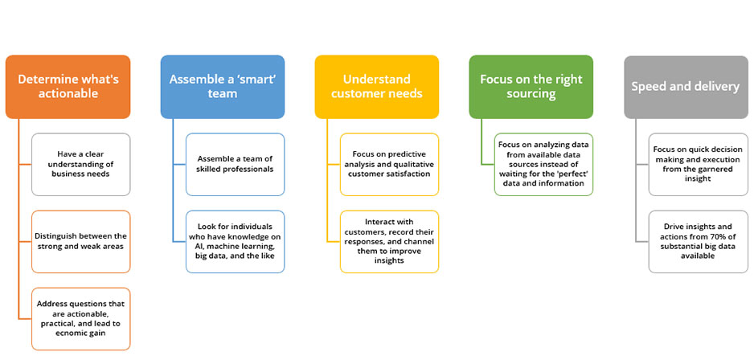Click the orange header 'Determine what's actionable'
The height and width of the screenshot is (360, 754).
[x=68, y=87]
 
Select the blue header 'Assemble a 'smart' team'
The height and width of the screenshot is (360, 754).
[x=223, y=87]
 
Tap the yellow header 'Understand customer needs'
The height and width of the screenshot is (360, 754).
[x=377, y=87]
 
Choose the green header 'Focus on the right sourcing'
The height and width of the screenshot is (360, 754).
[x=531, y=87]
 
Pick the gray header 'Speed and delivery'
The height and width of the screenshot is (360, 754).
[x=686, y=87]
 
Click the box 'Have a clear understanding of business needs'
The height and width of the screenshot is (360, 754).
[x=80, y=165]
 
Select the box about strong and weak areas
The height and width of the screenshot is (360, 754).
[x=80, y=241]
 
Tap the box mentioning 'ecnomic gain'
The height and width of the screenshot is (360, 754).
[x=80, y=319]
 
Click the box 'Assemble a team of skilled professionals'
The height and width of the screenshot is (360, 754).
[x=236, y=165]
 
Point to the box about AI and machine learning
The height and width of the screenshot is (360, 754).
[x=236, y=241]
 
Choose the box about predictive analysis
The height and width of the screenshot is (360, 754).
[x=390, y=165]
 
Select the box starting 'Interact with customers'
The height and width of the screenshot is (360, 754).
[x=390, y=241]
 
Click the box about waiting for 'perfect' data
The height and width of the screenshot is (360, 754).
[x=544, y=165]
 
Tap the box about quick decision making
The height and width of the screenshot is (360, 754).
[x=699, y=165]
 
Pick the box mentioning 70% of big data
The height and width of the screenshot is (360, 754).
[x=699, y=241]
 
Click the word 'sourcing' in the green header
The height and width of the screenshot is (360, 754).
[x=531, y=93]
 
